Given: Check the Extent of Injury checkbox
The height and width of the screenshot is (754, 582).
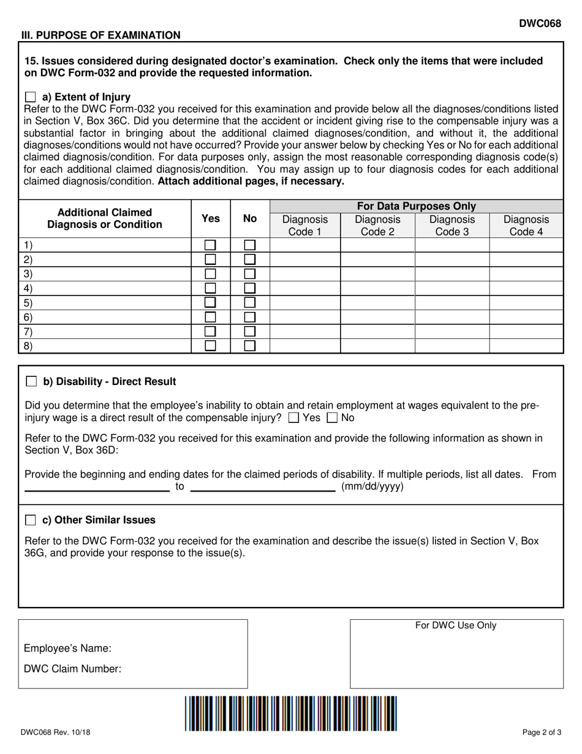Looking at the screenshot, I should click(x=31, y=97).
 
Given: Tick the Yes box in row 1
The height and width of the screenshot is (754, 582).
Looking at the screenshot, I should click(x=210, y=245).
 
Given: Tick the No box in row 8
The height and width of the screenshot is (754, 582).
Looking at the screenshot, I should click(x=250, y=346).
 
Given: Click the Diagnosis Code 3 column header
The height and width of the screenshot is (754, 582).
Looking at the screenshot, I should click(x=452, y=226).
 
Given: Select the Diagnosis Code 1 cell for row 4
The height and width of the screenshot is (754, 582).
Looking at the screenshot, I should click(x=304, y=288).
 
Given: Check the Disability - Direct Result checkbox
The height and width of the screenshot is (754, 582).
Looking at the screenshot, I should click(x=31, y=382).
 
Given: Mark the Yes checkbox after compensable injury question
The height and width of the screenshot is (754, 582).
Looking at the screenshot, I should click(x=293, y=418).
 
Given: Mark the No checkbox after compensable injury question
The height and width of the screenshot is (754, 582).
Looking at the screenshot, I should click(x=333, y=418).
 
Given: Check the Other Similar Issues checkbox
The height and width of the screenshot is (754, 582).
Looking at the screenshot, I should click(x=31, y=520).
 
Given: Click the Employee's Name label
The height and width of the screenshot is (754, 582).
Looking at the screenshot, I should click(x=67, y=649).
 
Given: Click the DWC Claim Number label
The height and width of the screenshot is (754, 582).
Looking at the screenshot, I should click(x=72, y=669).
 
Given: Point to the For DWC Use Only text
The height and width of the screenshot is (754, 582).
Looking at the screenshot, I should click(x=456, y=625).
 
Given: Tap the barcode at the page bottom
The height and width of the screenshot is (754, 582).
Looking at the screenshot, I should click(x=291, y=713).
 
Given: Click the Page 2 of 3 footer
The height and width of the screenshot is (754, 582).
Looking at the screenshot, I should click(x=542, y=732).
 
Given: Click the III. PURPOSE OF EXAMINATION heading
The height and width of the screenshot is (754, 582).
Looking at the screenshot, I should click(x=101, y=35).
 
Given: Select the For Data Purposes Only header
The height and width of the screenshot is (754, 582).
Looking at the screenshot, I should click(x=416, y=207).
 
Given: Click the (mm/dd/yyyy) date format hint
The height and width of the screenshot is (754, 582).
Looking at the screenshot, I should click(x=372, y=487).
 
